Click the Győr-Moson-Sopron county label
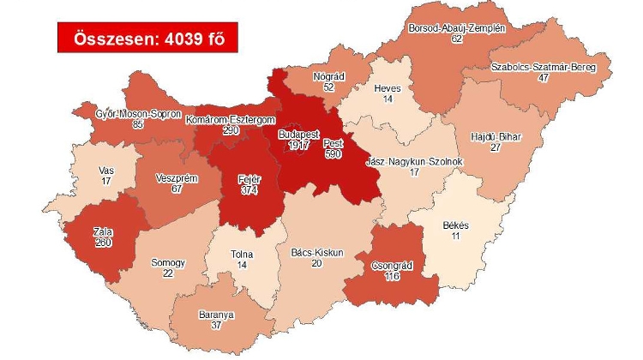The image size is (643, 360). click(138, 113)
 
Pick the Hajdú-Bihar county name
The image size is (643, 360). click(496, 136)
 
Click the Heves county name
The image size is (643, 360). click(388, 88)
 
